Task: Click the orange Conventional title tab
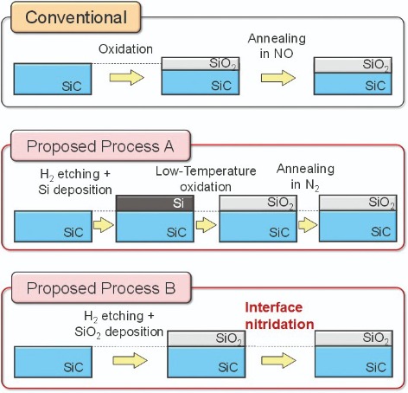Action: pos(76,17)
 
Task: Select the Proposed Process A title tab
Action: pos(100,145)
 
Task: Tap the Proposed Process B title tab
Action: pos(101,287)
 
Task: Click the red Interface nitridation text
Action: pos(279,316)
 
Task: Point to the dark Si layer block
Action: pos(155,203)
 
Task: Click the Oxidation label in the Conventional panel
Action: pos(125,49)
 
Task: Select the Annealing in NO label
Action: pos(277,46)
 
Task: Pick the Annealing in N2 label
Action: pos(305,177)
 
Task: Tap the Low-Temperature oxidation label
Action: pos(206,179)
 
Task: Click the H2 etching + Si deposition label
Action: pos(75,182)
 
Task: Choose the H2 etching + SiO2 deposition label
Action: pos(118,324)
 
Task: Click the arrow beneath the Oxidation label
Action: pos(127,77)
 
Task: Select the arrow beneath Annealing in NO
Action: pos(278,78)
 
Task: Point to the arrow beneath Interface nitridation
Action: pos(278,360)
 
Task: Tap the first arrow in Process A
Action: pos(104,225)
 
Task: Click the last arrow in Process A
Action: pos(308,225)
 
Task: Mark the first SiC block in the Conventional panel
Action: pos(53,79)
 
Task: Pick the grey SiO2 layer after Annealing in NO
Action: pos(353,65)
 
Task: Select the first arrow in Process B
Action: pos(130,360)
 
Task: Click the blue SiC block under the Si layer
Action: pos(155,227)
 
